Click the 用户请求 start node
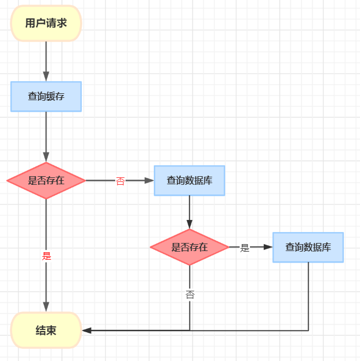click(x=46, y=23)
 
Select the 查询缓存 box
click(x=46, y=96)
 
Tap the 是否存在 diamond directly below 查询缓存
click(x=46, y=181)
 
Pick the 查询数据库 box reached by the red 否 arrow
click(x=190, y=181)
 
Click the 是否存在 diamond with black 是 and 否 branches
click(x=190, y=248)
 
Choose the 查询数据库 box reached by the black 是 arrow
click(x=308, y=248)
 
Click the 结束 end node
click(x=46, y=330)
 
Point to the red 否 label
click(x=120, y=181)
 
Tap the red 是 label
click(x=47, y=256)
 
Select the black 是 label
click(x=245, y=248)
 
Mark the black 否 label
click(x=190, y=295)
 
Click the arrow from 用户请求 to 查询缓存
click(x=46, y=58)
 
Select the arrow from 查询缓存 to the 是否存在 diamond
click(x=46, y=132)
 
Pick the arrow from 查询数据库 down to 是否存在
click(x=190, y=210)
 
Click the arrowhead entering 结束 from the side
click(x=86, y=330)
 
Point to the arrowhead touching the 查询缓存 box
click(x=46, y=77)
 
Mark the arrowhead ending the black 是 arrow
click(x=268, y=248)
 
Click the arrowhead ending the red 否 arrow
click(x=149, y=181)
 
